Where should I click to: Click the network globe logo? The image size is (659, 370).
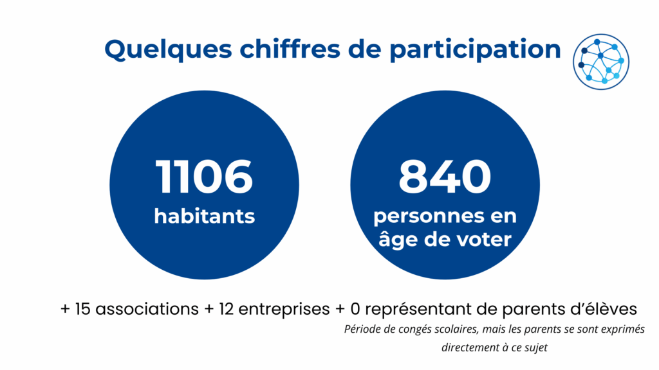601,62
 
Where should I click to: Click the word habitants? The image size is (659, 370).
204,216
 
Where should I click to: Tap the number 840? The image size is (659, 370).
445,177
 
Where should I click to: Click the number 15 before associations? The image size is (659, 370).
82,309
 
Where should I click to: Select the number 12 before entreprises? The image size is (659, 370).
226,309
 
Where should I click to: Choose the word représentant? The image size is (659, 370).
418,310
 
